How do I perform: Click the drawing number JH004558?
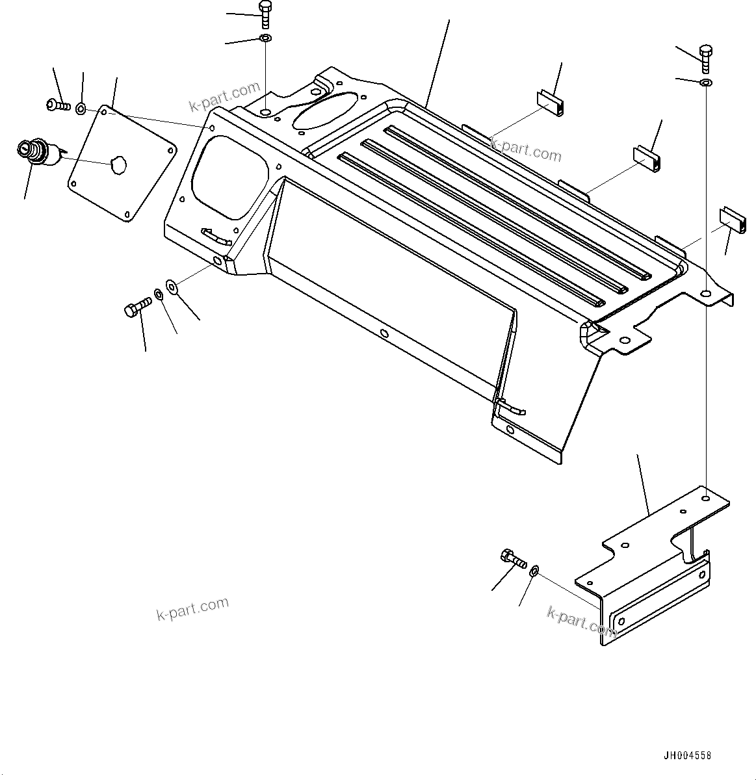tap(687, 755)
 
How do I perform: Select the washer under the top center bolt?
tap(265, 40)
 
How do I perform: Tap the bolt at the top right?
tap(706, 60)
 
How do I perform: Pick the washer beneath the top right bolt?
tap(706, 83)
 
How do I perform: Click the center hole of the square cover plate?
tap(118, 165)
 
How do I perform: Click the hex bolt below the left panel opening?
tap(137, 305)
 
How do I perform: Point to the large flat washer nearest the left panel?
tap(171, 285)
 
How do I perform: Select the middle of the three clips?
tap(647, 159)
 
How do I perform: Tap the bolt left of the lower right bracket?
tap(512, 558)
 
